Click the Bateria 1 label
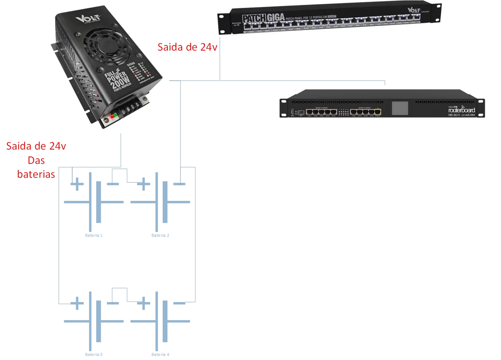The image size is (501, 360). pyautogui.click(x=94, y=235)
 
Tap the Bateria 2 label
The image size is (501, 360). pyautogui.click(x=160, y=235)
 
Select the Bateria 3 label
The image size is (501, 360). pyautogui.click(x=94, y=355)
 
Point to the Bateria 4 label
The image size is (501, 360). pyautogui.click(x=160, y=355)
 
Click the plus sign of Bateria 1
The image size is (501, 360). pyautogui.click(x=77, y=184)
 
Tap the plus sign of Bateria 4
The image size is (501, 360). pyautogui.click(x=144, y=303)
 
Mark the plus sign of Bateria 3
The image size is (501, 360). pyautogui.click(x=77, y=303)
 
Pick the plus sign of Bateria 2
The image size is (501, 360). pyautogui.click(x=144, y=184)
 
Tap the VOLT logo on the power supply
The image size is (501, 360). pyautogui.click(x=88, y=18)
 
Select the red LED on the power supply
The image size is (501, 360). pyautogui.click(x=111, y=117)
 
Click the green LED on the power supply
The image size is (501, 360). pyautogui.click(x=115, y=115)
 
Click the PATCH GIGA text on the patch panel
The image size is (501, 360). pyautogui.click(x=263, y=18)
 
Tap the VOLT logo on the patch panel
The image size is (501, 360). pyautogui.click(x=414, y=10)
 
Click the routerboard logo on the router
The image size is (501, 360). pyautogui.click(x=461, y=110)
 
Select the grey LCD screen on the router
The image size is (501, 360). pyautogui.click(x=400, y=109)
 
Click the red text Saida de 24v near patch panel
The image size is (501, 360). pyautogui.click(x=187, y=47)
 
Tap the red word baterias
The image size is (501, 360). pyautogui.click(x=36, y=175)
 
